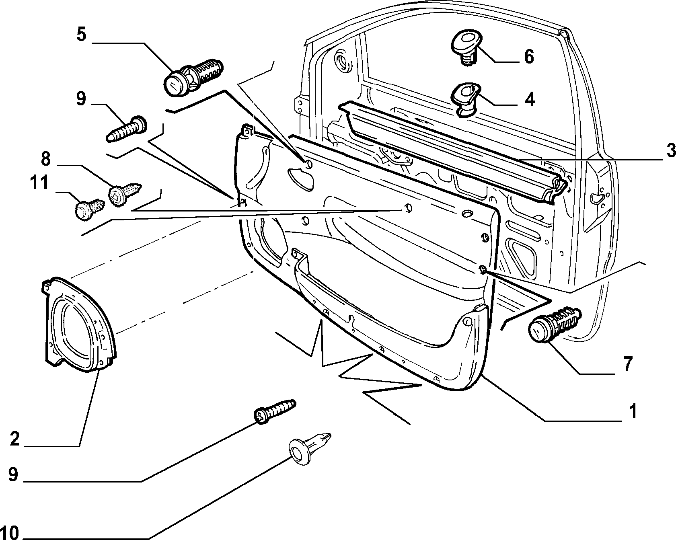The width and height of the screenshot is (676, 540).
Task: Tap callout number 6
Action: pos(529,57)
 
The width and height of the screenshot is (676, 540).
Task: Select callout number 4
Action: pos(530,99)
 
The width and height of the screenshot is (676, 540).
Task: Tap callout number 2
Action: pos(14,439)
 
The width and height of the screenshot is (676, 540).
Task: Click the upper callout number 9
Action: pos(81,99)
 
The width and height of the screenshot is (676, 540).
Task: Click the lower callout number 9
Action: pos(13,474)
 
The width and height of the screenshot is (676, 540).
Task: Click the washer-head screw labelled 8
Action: pos(125,193)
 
